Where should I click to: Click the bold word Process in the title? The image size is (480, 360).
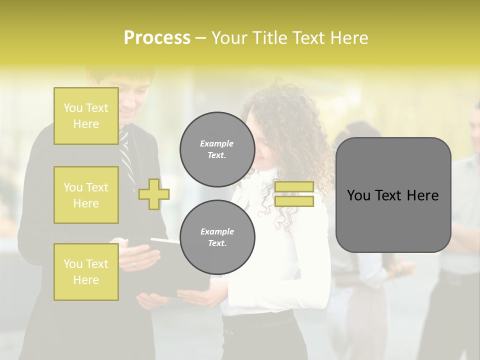[x=157, y=38]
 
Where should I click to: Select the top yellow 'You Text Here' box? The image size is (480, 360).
[x=86, y=116]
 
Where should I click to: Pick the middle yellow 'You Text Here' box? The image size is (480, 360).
[x=86, y=195]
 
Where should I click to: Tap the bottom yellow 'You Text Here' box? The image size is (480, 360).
[x=86, y=271]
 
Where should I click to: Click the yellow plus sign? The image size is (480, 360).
[x=154, y=194]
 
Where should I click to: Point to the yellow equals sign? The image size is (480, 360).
[x=294, y=194]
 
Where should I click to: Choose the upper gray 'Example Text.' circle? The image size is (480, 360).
[x=217, y=149]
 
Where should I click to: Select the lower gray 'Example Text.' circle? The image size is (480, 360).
[x=217, y=237]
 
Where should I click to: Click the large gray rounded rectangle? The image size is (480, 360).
[x=393, y=195]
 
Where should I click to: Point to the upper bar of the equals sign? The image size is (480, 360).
[x=294, y=187]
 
